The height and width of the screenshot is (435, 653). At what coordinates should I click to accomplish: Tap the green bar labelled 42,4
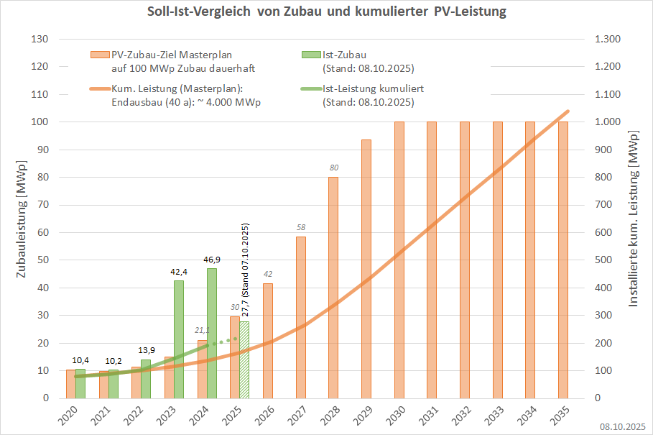pos(179,339)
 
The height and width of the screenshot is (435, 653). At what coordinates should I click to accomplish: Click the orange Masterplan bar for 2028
pos(333,287)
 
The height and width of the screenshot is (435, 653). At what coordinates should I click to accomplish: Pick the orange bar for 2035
pos(563,260)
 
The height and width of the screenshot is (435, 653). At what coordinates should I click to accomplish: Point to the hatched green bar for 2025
pos(244,360)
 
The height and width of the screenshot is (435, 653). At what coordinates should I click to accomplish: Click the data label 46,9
pos(212,260)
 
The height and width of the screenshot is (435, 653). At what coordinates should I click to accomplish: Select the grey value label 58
pos(300,228)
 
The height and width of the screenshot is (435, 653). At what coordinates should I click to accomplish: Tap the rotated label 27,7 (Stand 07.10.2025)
pos(245,270)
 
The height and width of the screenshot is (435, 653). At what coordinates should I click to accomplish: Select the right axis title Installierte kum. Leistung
pos(633,219)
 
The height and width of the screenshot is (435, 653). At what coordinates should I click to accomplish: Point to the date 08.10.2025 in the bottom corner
pos(623,426)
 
